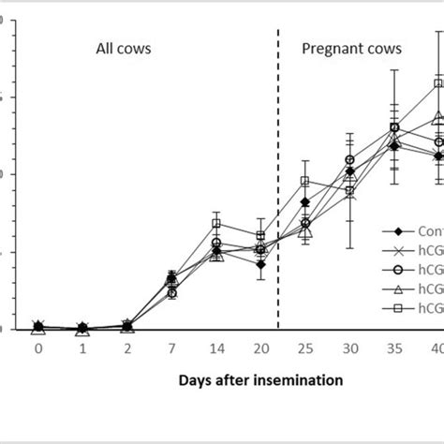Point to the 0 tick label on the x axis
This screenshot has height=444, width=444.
[x=38, y=348]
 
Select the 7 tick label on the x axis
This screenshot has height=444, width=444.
[x=171, y=348]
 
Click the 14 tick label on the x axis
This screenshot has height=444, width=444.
[x=216, y=348]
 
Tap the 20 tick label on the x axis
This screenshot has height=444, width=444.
[x=260, y=348]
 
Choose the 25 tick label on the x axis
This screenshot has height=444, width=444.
[x=305, y=348]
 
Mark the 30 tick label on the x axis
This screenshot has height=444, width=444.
[x=349, y=348]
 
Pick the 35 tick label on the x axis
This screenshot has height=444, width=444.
[x=394, y=348]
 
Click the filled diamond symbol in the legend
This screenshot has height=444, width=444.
[x=398, y=231]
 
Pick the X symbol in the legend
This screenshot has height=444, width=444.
[x=398, y=250]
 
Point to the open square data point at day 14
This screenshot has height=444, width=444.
[x=216, y=223]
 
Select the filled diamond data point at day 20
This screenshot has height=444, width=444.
[x=260, y=264]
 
